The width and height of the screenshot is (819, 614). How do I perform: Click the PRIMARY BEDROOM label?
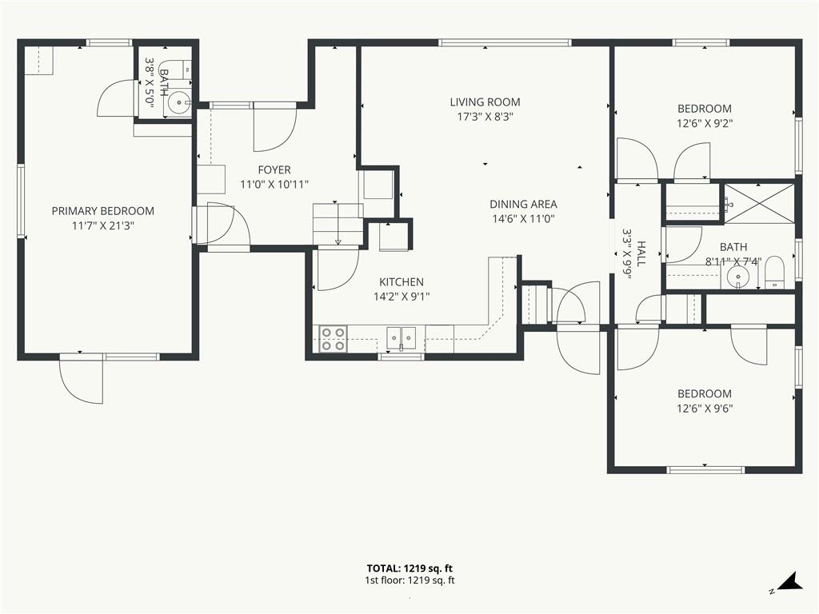click(103, 211)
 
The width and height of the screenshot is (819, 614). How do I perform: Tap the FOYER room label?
click(274, 169)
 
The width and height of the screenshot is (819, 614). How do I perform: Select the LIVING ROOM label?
click(485, 102)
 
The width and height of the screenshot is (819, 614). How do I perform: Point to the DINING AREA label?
click(523, 204)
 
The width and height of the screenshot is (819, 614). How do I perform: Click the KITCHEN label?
click(402, 282)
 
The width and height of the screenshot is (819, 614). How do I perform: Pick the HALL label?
click(641, 253)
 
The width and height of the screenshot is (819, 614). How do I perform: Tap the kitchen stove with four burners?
click(334, 338)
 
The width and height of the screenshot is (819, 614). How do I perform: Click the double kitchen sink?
click(402, 338)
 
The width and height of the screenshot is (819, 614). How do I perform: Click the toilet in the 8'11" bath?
click(775, 273)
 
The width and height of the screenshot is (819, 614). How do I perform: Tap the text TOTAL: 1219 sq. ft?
click(409, 568)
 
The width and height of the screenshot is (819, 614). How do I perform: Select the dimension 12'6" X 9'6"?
click(705, 409)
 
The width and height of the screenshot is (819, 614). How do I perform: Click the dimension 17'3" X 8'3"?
click(485, 117)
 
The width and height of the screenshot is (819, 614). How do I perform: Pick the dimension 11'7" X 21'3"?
click(103, 226)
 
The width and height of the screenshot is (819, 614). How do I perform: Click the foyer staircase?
click(338, 224)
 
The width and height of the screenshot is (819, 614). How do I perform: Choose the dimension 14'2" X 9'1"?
click(402, 297)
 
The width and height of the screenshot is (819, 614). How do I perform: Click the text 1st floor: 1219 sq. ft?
click(409, 580)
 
